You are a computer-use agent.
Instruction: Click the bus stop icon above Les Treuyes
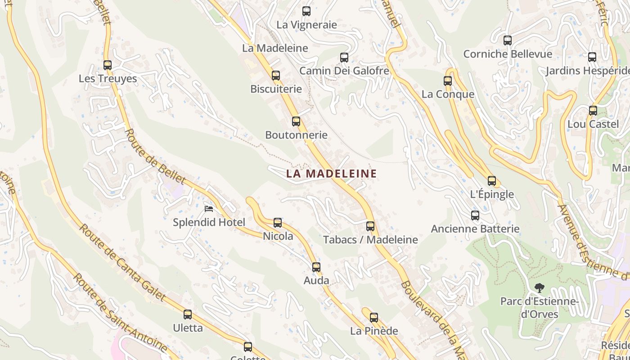tap(107, 65)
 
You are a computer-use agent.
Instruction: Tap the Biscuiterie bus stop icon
tap(276, 76)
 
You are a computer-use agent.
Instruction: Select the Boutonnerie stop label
tap(296, 135)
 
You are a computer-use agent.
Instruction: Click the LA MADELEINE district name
tap(331, 173)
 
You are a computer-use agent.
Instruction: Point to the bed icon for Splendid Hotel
tap(209, 208)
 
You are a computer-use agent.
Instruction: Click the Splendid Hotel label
tap(209, 222)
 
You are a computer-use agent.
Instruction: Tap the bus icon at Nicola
tap(278, 222)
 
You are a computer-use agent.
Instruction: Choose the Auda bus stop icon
tap(316, 267)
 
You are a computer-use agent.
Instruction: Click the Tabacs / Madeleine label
tap(370, 240)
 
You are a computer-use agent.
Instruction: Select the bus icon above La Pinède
tap(374, 317)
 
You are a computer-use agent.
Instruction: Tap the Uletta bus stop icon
tap(188, 315)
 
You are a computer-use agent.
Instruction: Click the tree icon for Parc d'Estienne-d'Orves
tap(539, 288)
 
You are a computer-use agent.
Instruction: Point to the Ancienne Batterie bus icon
tap(475, 215)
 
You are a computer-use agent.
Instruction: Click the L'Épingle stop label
tap(492, 194)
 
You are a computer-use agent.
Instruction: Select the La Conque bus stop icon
tap(448, 81)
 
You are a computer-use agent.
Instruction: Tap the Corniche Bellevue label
tap(508, 54)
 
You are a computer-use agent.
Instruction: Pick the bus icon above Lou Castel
tap(593, 110)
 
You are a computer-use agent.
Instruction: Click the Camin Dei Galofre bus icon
tap(344, 58)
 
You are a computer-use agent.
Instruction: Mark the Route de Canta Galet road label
tap(122, 263)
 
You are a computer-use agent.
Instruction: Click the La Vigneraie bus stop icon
tap(306, 11)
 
